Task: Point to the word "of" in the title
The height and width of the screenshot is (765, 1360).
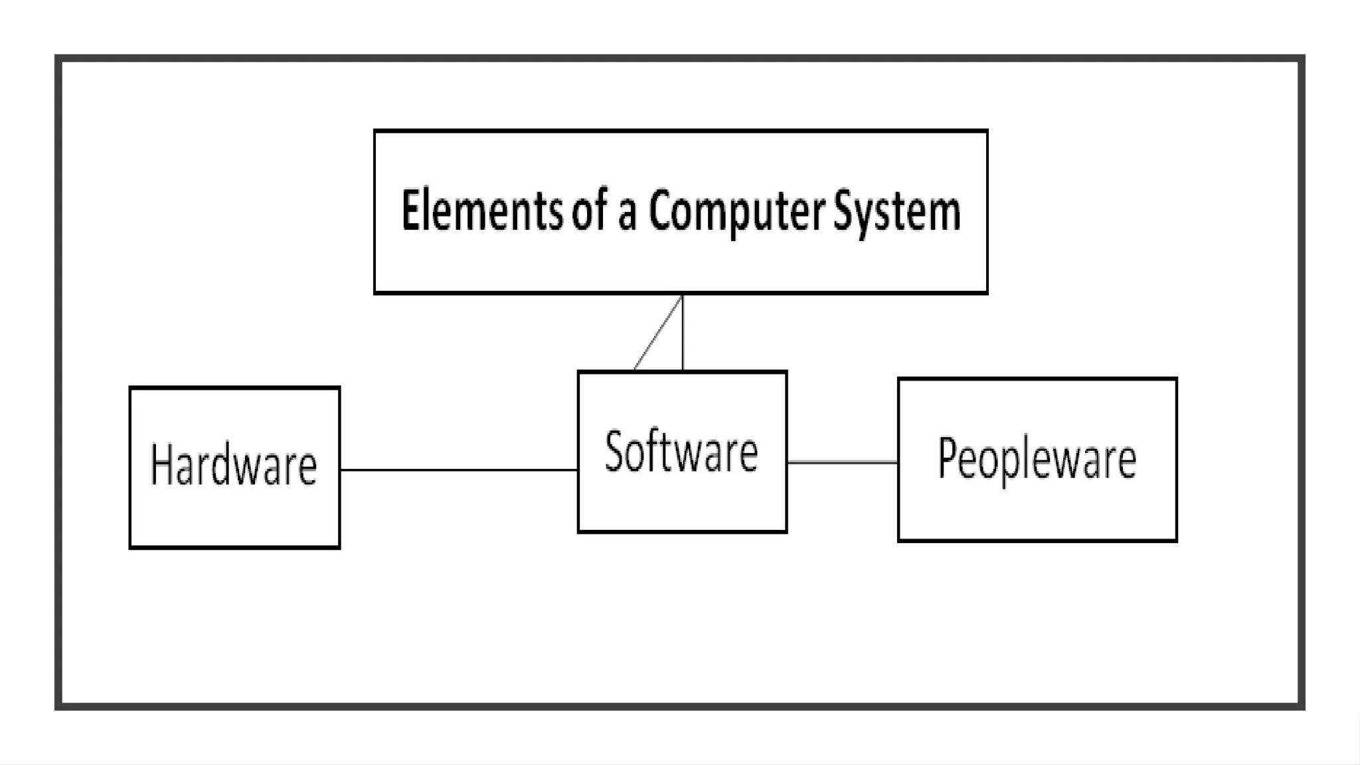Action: [x=590, y=211]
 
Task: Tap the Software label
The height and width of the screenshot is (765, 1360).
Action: [x=681, y=452]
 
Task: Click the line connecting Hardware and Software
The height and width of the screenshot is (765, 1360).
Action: [x=458, y=469]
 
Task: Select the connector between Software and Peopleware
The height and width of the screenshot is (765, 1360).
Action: [x=842, y=462]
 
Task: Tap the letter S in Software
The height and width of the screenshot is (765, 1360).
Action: [x=615, y=451]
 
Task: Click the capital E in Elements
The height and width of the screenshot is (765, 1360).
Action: [x=412, y=211]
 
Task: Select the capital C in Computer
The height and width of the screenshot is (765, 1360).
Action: [x=661, y=211]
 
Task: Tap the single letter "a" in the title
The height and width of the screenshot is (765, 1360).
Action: [x=628, y=216]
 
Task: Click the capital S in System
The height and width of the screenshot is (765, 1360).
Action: [x=845, y=210]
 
